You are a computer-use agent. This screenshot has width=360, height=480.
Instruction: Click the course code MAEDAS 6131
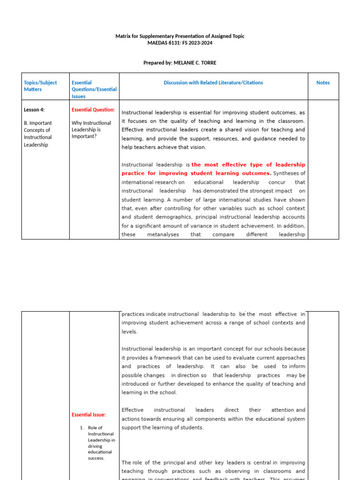tap(164, 43)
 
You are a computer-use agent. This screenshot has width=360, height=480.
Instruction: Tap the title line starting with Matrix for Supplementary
tap(180, 36)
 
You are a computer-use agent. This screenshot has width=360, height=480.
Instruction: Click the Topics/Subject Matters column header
tap(40, 86)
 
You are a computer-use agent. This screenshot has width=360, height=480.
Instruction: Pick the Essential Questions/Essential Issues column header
tap(94, 90)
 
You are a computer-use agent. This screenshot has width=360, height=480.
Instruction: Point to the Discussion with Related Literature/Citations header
tap(213, 82)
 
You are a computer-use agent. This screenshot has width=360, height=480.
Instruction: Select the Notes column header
tap(323, 82)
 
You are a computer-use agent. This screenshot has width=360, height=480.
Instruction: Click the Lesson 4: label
tap(34, 110)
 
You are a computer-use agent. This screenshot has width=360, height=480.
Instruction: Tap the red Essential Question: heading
tap(93, 110)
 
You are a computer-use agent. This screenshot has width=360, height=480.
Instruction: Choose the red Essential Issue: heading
tap(89, 414)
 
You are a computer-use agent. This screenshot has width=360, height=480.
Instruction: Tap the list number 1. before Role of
tap(82, 427)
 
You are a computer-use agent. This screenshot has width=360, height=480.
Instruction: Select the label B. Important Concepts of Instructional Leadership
tap(37, 134)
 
